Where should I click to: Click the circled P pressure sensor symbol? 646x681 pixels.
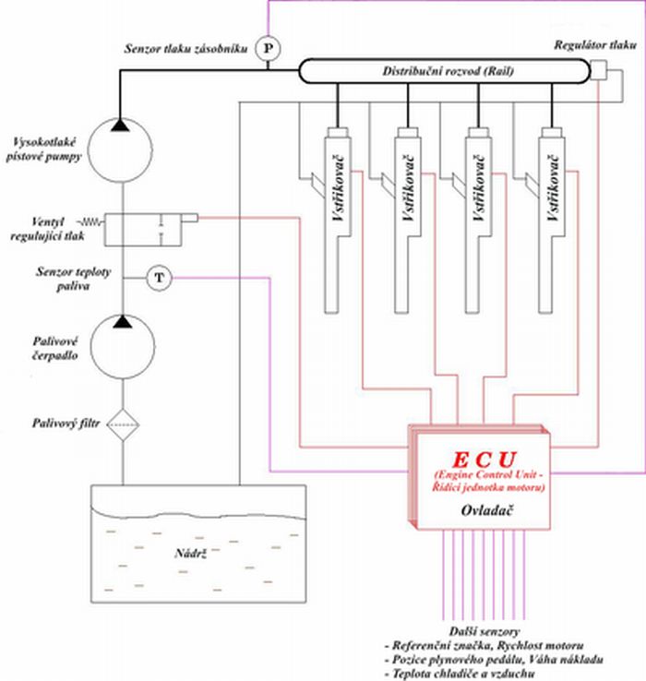pos(267,46)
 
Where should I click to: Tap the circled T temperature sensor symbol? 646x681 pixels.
pos(159,277)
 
